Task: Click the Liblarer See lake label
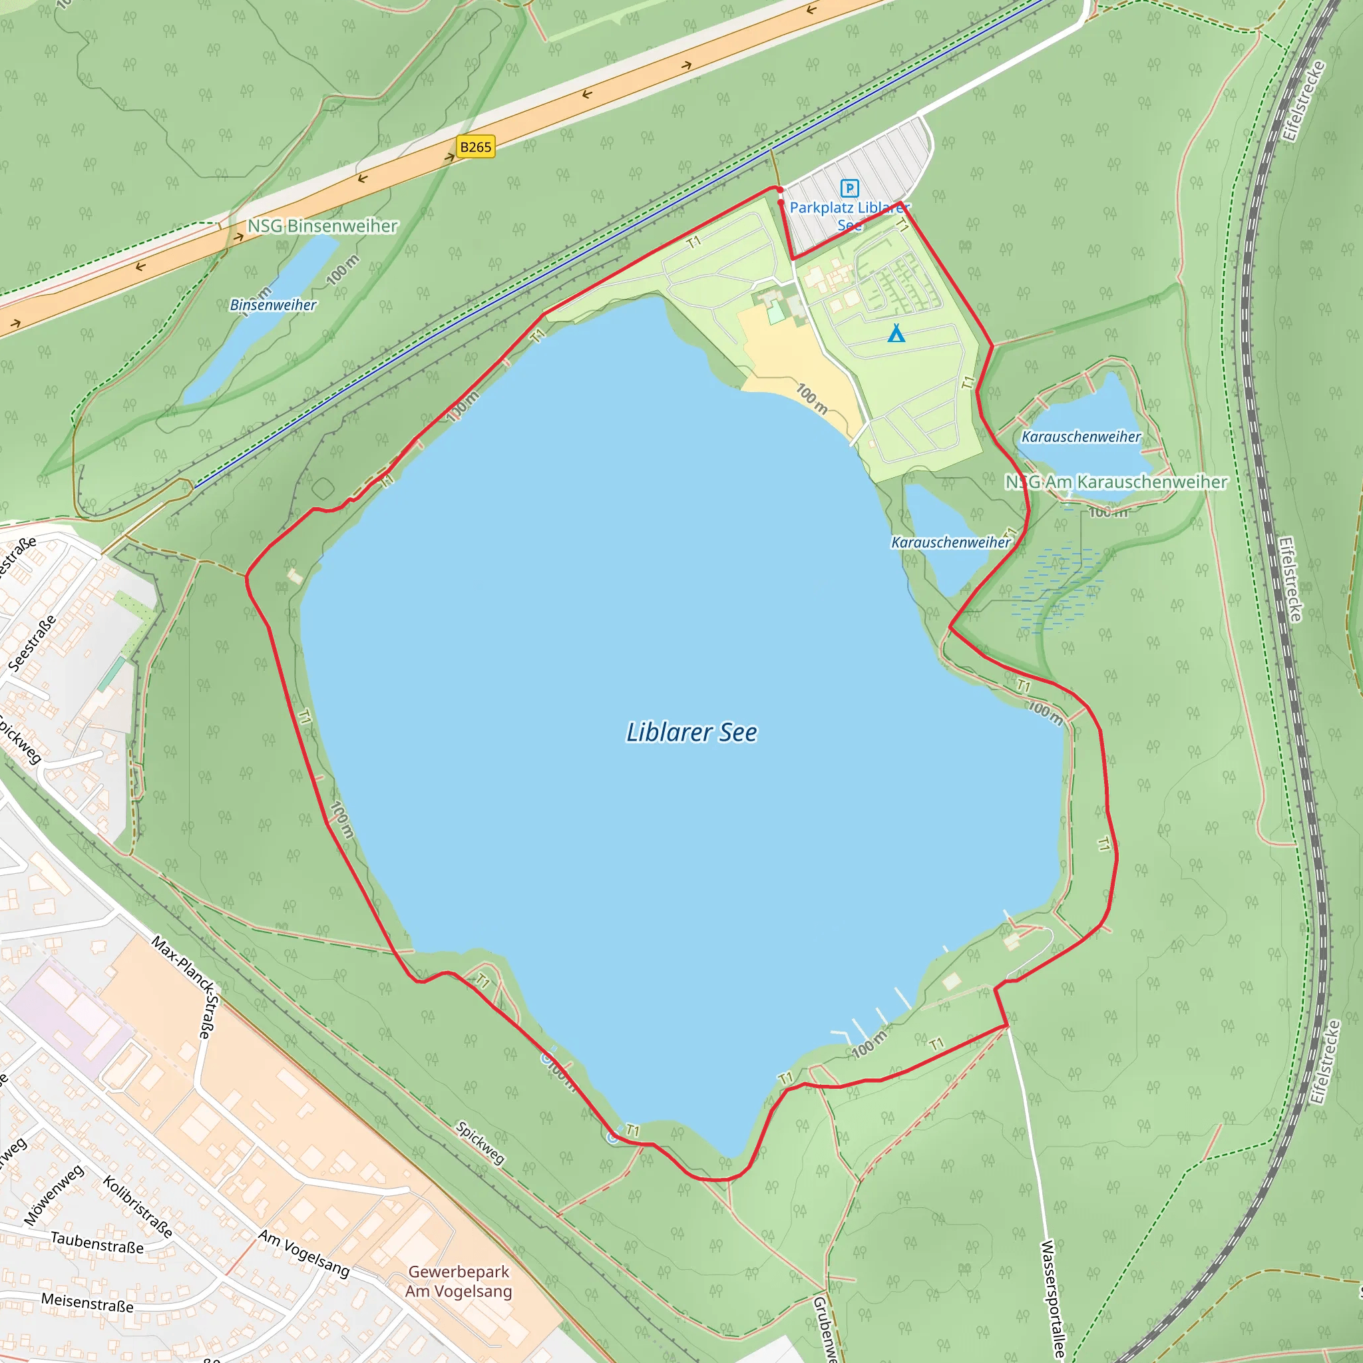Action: click(x=691, y=732)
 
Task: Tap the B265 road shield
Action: click(x=475, y=146)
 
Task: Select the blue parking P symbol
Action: click(x=849, y=188)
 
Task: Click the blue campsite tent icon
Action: click(x=896, y=333)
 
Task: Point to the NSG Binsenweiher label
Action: click(x=322, y=226)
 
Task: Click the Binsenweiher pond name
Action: click(x=273, y=305)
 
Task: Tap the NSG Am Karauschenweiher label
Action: click(x=1116, y=482)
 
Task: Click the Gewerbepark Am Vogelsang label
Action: click(x=459, y=1281)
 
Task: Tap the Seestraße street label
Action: click(x=32, y=644)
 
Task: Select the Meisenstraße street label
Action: click(x=87, y=1302)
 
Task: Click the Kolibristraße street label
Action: click(x=138, y=1207)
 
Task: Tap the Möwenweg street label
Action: click(x=54, y=1195)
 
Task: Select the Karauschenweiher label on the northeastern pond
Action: click(x=1081, y=437)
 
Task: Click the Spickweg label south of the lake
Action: click(x=481, y=1143)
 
